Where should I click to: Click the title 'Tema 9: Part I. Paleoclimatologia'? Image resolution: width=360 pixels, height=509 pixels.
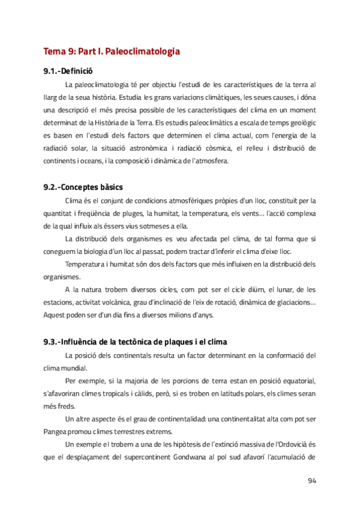112,52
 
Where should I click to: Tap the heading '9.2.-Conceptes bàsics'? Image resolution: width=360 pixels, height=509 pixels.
83,187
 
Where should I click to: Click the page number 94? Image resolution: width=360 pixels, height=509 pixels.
311,480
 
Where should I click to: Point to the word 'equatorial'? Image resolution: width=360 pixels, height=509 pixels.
298,381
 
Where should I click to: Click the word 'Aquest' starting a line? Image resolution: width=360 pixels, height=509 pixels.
56,316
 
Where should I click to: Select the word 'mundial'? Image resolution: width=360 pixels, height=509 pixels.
73,368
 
